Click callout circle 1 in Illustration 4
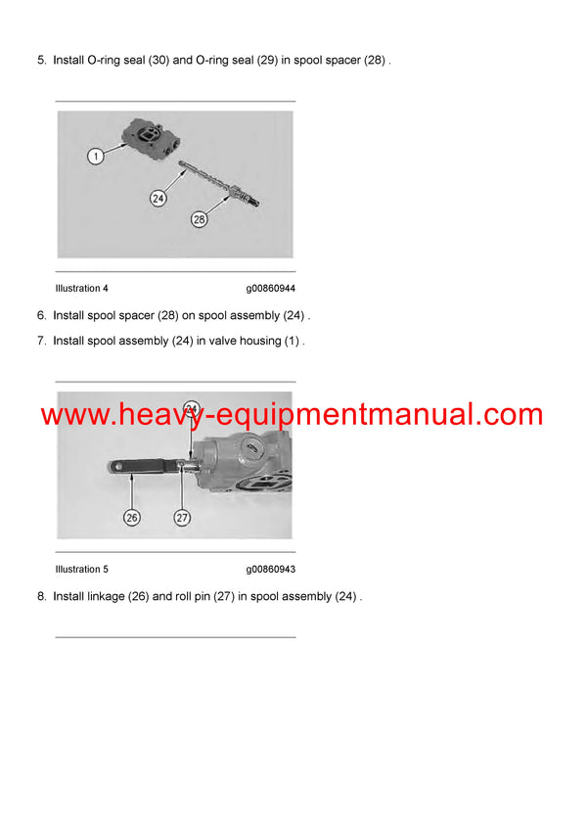coord(94,156)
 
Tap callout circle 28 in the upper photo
coord(199,220)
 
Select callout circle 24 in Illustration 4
coord(158,199)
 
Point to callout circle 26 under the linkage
coord(132,518)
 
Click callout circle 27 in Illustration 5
coord(182,518)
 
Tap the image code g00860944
coord(270,289)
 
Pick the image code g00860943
coord(270,570)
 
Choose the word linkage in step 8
coord(106,596)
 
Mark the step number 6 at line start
coord(41,315)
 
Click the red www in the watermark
coord(73,415)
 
